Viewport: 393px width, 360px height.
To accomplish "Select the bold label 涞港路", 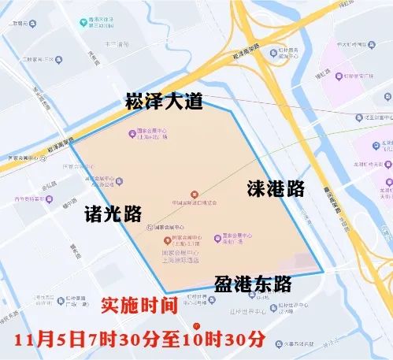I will click(275, 188).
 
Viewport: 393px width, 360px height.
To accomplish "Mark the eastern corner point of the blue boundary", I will click(323, 273).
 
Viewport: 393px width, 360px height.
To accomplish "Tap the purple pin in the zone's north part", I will click(132, 132).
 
